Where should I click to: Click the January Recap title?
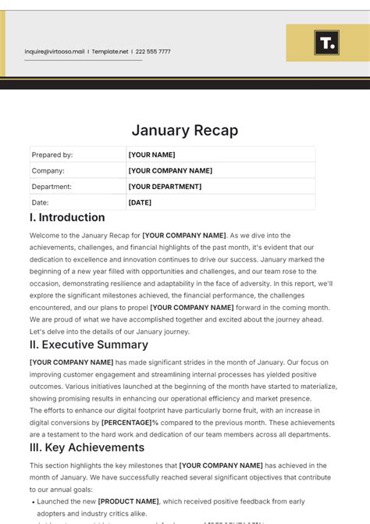pos(184,130)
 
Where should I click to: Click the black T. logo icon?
pos(326,43)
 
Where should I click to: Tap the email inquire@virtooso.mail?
pos(54,52)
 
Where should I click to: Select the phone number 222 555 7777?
pos(152,52)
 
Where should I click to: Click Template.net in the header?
pos(110,52)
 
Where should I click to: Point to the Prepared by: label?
pos(52,155)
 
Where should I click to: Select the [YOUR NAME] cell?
pos(152,155)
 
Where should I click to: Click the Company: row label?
pos(48,170)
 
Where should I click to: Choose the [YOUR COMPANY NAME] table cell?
pos(170,170)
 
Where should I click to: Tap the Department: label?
pos(52,187)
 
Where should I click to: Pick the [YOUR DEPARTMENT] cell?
pos(165,187)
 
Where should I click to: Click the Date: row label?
pos(41,202)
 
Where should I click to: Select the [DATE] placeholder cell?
pos(141,202)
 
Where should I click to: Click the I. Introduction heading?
pos(67,218)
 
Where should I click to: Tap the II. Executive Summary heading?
pos(88,344)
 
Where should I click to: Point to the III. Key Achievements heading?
pos(87,447)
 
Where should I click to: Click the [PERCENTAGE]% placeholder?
pos(130,422)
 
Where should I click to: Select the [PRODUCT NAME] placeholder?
pos(128,501)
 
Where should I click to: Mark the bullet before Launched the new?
pos(33,501)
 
